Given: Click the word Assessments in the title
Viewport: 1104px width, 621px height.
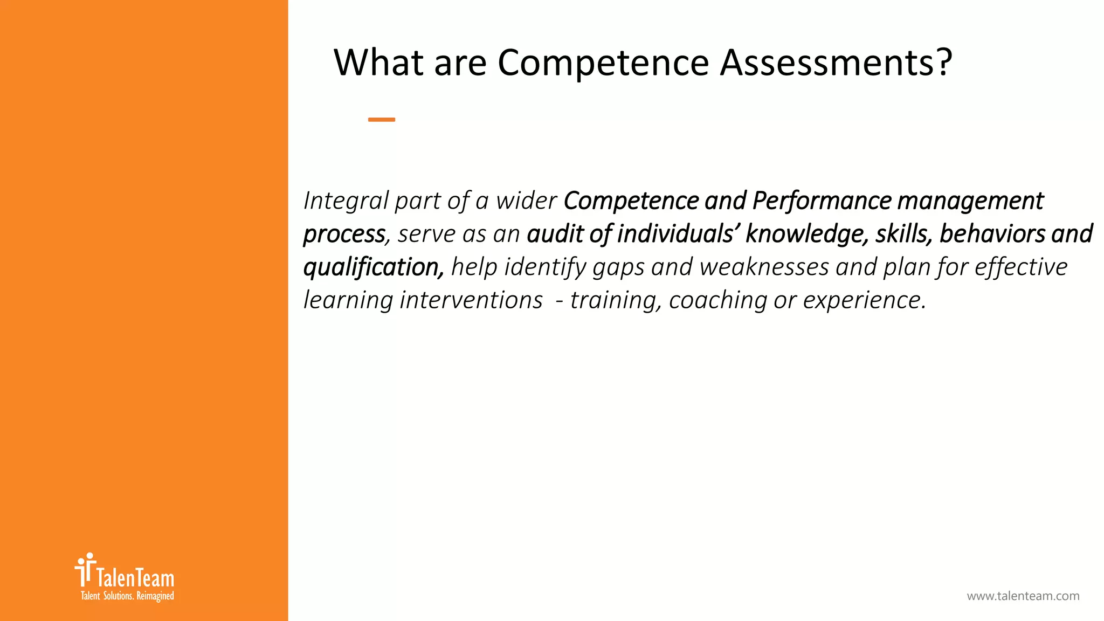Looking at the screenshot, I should (836, 63).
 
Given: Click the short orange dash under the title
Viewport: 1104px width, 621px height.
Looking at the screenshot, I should (382, 120).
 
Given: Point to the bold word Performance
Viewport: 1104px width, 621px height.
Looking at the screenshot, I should (821, 201).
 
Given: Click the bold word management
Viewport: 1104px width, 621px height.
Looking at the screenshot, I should (970, 201).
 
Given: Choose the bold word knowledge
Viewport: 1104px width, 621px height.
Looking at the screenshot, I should (806, 234).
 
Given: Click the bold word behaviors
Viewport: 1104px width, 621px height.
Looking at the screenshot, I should (992, 234).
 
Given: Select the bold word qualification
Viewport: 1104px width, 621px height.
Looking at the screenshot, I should (373, 267).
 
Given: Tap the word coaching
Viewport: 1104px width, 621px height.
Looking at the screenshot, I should (717, 300).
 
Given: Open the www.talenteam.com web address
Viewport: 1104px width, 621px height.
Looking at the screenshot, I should (1023, 596).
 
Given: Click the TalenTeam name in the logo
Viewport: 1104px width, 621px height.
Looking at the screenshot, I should (135, 578).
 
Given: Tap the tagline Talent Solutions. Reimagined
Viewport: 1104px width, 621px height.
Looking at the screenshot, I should (127, 596).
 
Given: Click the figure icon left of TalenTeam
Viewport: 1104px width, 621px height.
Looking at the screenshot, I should (85, 570).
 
